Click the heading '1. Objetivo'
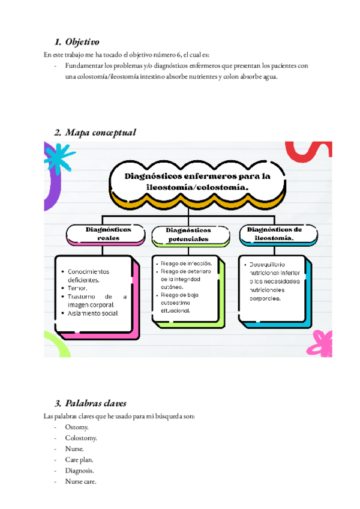point(76,42)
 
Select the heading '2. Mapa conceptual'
point(95,133)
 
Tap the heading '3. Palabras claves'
point(90,403)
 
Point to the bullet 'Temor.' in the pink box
point(78,288)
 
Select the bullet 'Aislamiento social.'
point(93,313)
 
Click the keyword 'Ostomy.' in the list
point(77,427)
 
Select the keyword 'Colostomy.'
point(81,438)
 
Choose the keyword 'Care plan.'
point(80,459)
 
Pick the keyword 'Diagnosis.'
point(80,471)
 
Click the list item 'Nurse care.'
point(81,481)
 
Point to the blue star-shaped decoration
point(60,158)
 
